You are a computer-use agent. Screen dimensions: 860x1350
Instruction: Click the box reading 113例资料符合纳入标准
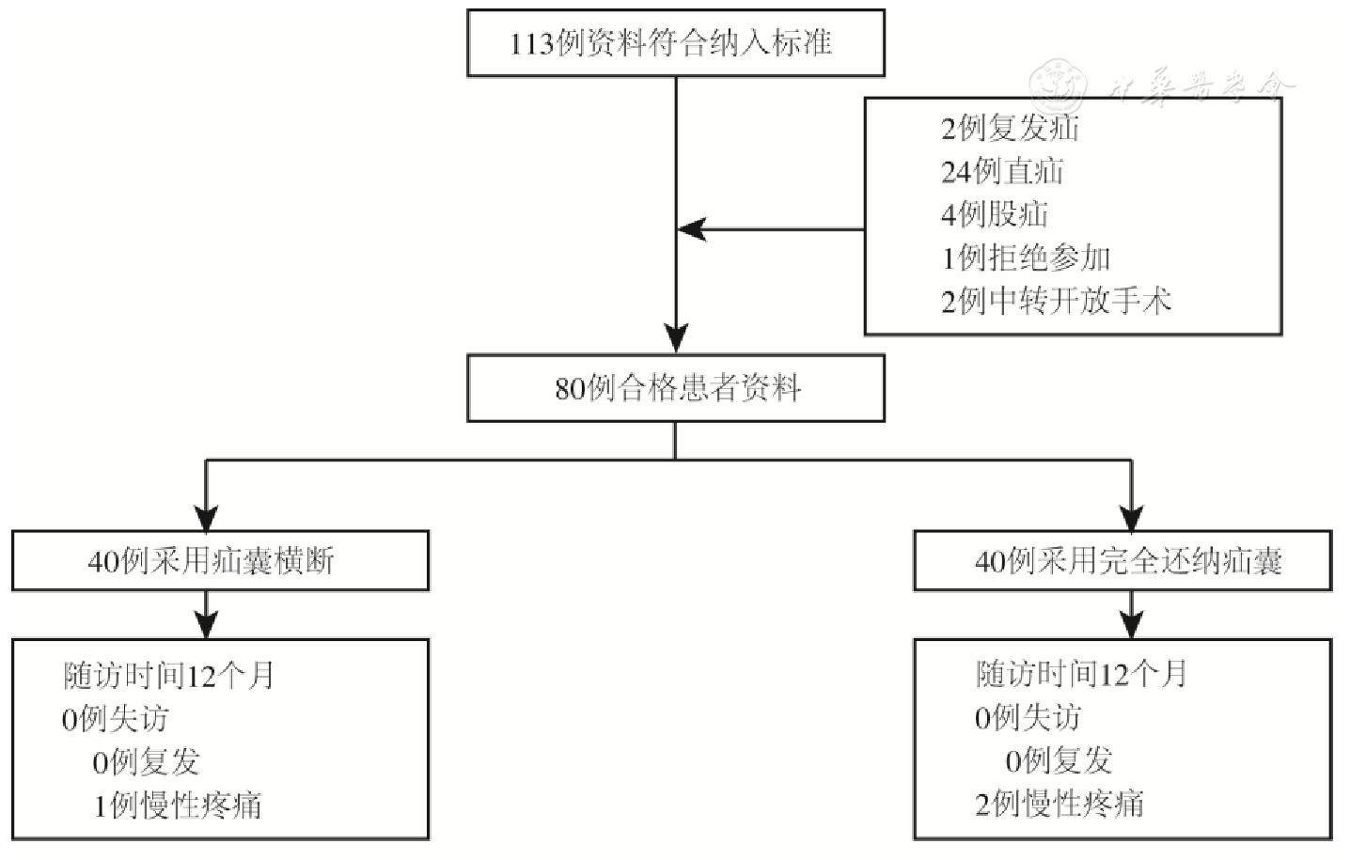(675, 43)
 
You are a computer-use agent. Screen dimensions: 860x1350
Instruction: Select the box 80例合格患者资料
(675, 387)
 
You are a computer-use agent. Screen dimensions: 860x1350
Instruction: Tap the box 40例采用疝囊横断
(220, 561)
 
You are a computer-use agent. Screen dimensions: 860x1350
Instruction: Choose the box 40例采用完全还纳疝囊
(1122, 561)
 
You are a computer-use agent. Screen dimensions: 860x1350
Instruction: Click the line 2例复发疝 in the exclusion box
(1010, 128)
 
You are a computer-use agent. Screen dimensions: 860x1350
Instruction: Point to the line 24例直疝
(1002, 171)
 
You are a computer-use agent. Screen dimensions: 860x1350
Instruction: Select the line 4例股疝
(995, 214)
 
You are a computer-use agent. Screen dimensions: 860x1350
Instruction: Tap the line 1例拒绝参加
(1026, 258)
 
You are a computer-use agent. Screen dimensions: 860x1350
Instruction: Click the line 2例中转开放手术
(1056, 301)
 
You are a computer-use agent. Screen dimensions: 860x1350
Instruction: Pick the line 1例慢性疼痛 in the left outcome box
(177, 805)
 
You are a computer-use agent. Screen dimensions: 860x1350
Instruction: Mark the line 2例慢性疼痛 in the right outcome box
(1060, 804)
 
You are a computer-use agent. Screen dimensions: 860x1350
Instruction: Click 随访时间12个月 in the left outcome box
(168, 676)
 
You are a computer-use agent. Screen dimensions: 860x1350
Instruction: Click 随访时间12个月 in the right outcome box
(1081, 674)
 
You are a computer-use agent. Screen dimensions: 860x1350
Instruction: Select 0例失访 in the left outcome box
(115, 719)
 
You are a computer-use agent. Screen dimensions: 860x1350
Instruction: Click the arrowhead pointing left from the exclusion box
(691, 229)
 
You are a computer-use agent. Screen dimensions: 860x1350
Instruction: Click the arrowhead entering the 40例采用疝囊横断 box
(206, 517)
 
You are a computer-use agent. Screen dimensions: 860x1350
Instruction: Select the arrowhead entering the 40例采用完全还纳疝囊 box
(1131, 517)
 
